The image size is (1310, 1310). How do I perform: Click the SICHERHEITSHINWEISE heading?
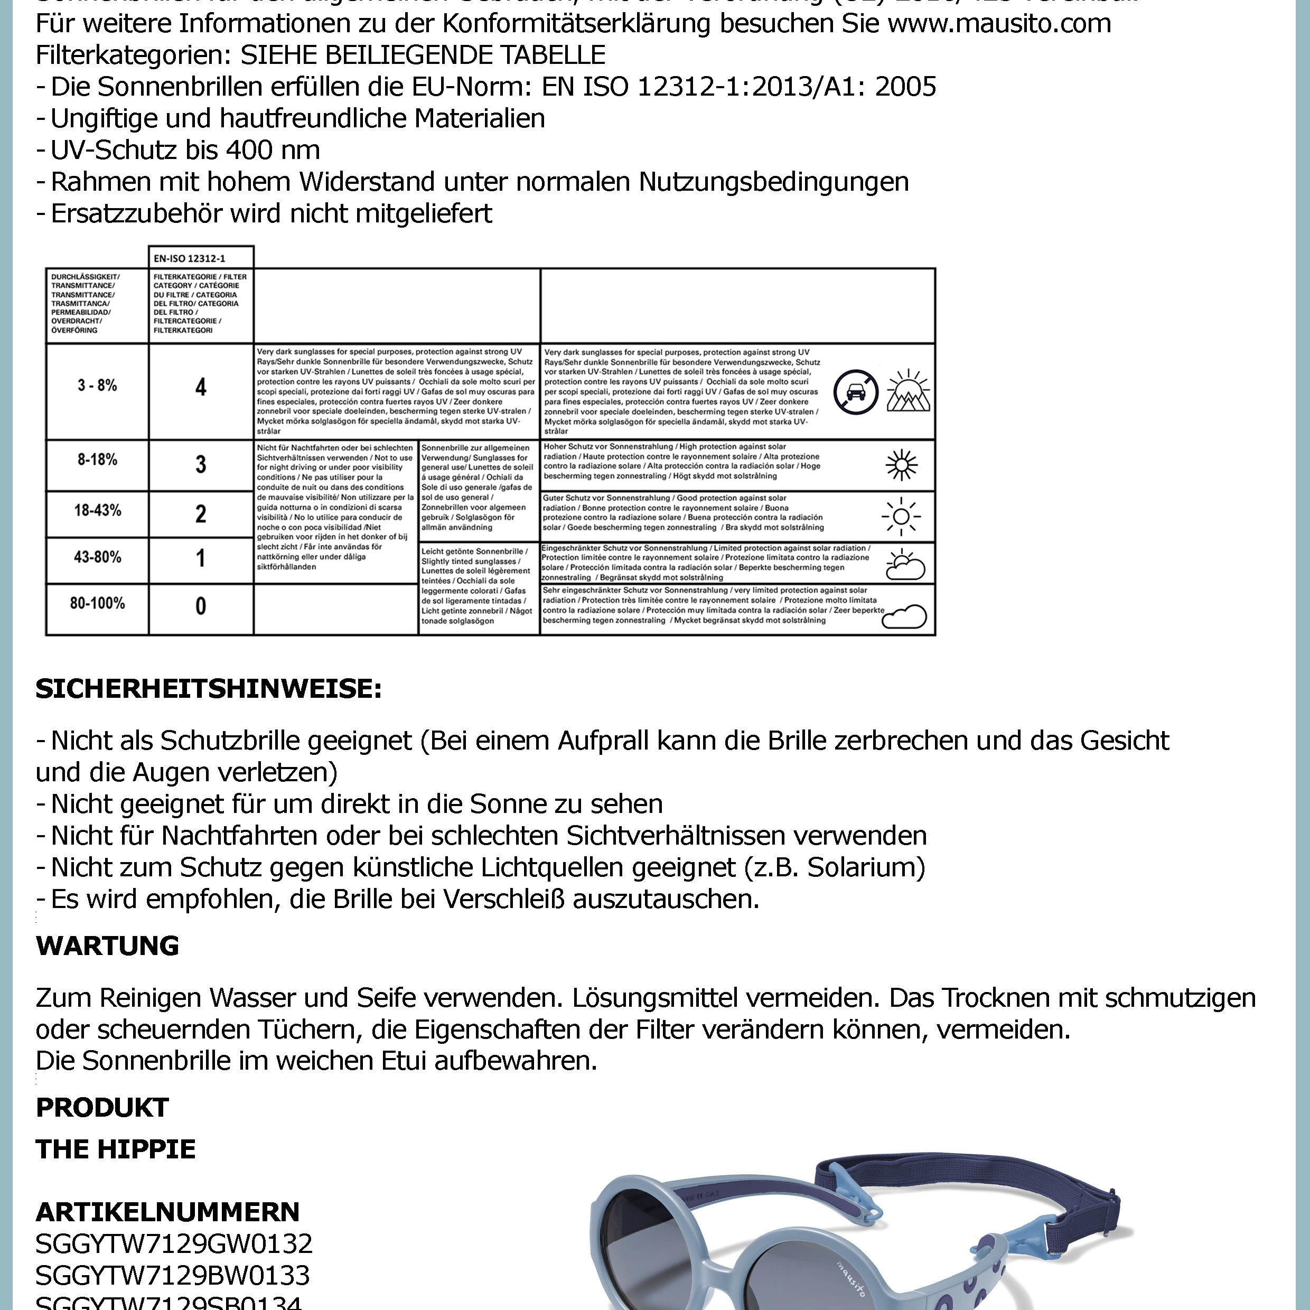[x=209, y=689]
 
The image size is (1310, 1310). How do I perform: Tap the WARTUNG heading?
[x=107, y=945]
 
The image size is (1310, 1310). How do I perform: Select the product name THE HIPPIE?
[x=115, y=1148]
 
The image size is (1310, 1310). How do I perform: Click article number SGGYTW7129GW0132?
[x=174, y=1243]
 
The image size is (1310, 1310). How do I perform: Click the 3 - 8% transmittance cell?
[x=97, y=386]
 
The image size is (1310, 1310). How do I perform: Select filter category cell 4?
[x=201, y=387]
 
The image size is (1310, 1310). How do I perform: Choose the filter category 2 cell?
[x=201, y=514]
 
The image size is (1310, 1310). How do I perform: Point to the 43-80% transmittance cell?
[x=97, y=557]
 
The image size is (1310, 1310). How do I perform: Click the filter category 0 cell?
[x=201, y=605]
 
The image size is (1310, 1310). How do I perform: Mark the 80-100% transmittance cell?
[x=97, y=603]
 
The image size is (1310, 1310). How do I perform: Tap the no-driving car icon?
[x=856, y=392]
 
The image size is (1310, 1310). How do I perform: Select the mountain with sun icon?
[x=909, y=391]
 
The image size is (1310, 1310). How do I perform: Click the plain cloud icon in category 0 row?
[x=905, y=616]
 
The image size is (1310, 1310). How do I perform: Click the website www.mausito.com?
[x=999, y=24]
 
